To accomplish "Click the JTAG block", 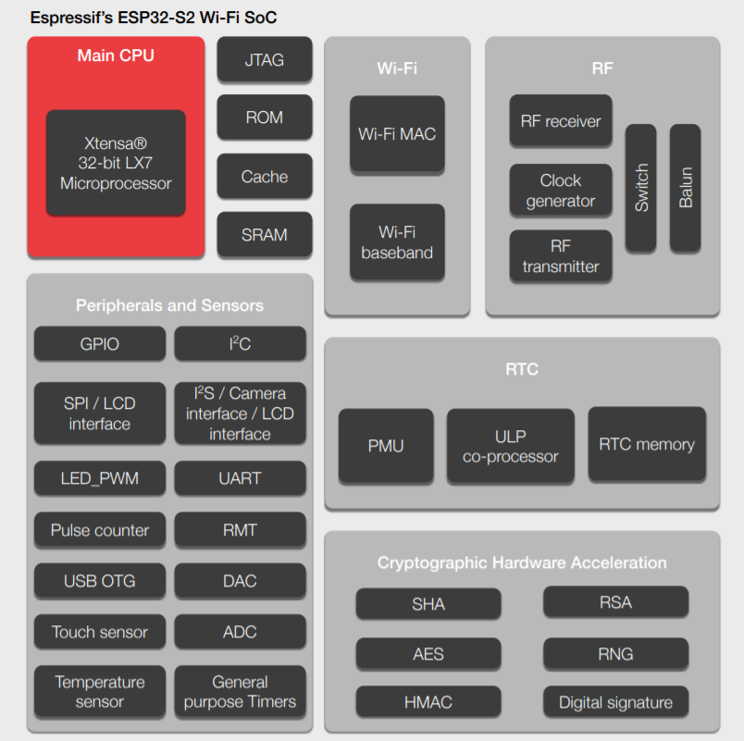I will [264, 60].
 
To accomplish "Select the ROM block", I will [264, 117].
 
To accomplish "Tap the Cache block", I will [264, 176].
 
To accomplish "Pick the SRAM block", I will [264, 235].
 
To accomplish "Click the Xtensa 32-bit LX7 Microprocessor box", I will [116, 164].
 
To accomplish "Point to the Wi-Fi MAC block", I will [397, 133].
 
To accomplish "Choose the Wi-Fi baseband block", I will [397, 241].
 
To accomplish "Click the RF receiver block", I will [561, 120].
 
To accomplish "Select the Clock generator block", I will [561, 191].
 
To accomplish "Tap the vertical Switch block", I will [641, 188].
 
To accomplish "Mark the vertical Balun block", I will [686, 188].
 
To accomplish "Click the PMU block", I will [386, 445].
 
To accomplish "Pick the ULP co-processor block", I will [511, 445].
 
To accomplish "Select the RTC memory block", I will [647, 444].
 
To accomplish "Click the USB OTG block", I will [100, 581].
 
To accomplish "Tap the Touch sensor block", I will [100, 632].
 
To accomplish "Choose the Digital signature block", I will [615, 702].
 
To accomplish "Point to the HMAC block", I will [428, 702].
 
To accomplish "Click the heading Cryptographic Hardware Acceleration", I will [522, 562].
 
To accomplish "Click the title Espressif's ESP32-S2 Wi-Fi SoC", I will [154, 18].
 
